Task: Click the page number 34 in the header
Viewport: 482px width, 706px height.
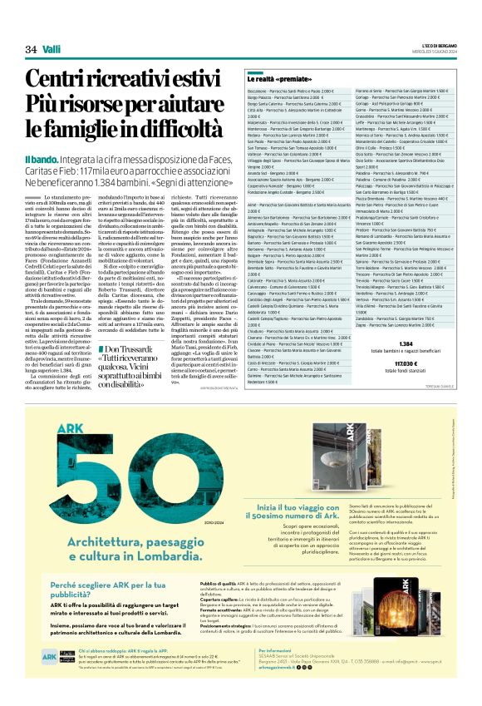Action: pyautogui.click(x=32, y=50)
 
